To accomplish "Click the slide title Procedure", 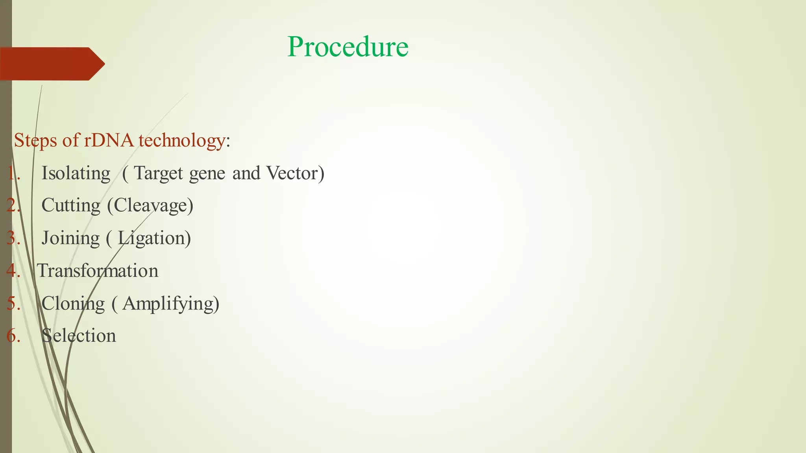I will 348,47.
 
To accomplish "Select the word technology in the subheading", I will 182,140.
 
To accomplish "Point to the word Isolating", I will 76,173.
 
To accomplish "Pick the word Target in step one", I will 159,173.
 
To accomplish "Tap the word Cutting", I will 71,206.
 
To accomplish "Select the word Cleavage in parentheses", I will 150,206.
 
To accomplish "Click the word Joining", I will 71,238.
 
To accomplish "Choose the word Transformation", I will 98,271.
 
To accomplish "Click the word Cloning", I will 73,304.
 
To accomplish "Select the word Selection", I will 79,336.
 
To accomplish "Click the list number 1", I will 13,173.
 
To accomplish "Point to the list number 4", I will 13,271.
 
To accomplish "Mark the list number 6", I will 13,336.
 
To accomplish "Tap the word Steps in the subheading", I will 35,140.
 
